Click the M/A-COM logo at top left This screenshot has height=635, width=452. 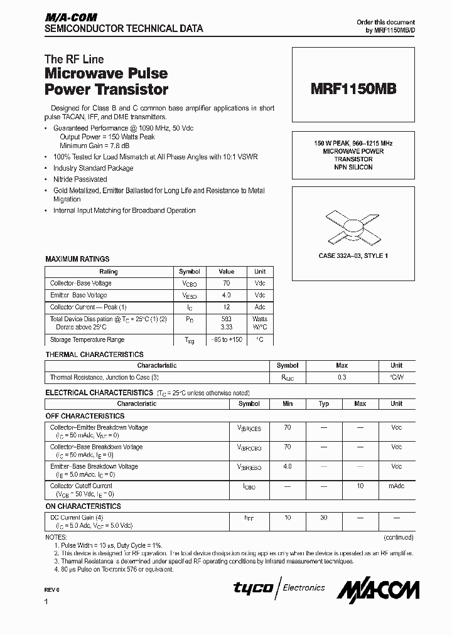coord(70,18)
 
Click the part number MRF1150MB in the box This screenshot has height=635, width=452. coord(353,89)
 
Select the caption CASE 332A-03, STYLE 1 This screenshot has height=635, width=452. coord(353,256)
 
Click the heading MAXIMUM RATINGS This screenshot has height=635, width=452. coord(77,259)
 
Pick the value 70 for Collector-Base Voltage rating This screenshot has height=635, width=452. coord(226,283)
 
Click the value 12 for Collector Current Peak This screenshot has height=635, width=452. coord(226,307)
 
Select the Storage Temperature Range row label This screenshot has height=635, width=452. coord(87,339)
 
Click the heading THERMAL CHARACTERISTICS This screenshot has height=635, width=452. coord(94,355)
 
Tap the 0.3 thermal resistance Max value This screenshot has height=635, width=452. coord(342,378)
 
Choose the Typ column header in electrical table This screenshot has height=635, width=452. coord(324,403)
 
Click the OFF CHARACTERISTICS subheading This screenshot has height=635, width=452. coord(85,416)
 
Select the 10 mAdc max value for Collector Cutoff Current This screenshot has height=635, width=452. coord(360,486)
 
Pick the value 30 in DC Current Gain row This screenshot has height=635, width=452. coord(324,518)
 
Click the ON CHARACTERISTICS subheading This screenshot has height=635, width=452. coord(83,506)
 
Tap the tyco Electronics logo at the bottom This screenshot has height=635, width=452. coord(279,588)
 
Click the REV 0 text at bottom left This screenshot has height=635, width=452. coord(52,590)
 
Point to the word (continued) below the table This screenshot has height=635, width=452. coord(398,537)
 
